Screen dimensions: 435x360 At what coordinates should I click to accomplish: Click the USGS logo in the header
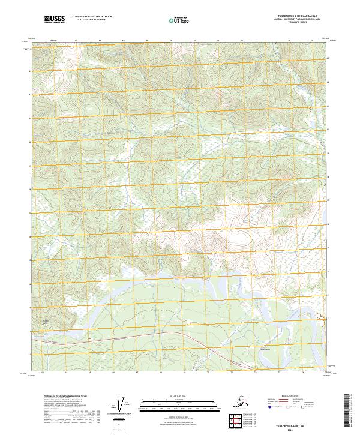click(x=55, y=20)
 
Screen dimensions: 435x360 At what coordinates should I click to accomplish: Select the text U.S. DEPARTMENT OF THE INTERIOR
click(x=88, y=17)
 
